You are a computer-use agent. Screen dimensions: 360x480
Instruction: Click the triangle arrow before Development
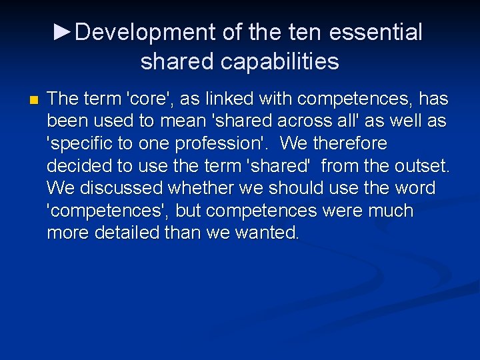[x=63, y=31]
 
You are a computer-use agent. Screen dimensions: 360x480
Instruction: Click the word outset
[x=419, y=166]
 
